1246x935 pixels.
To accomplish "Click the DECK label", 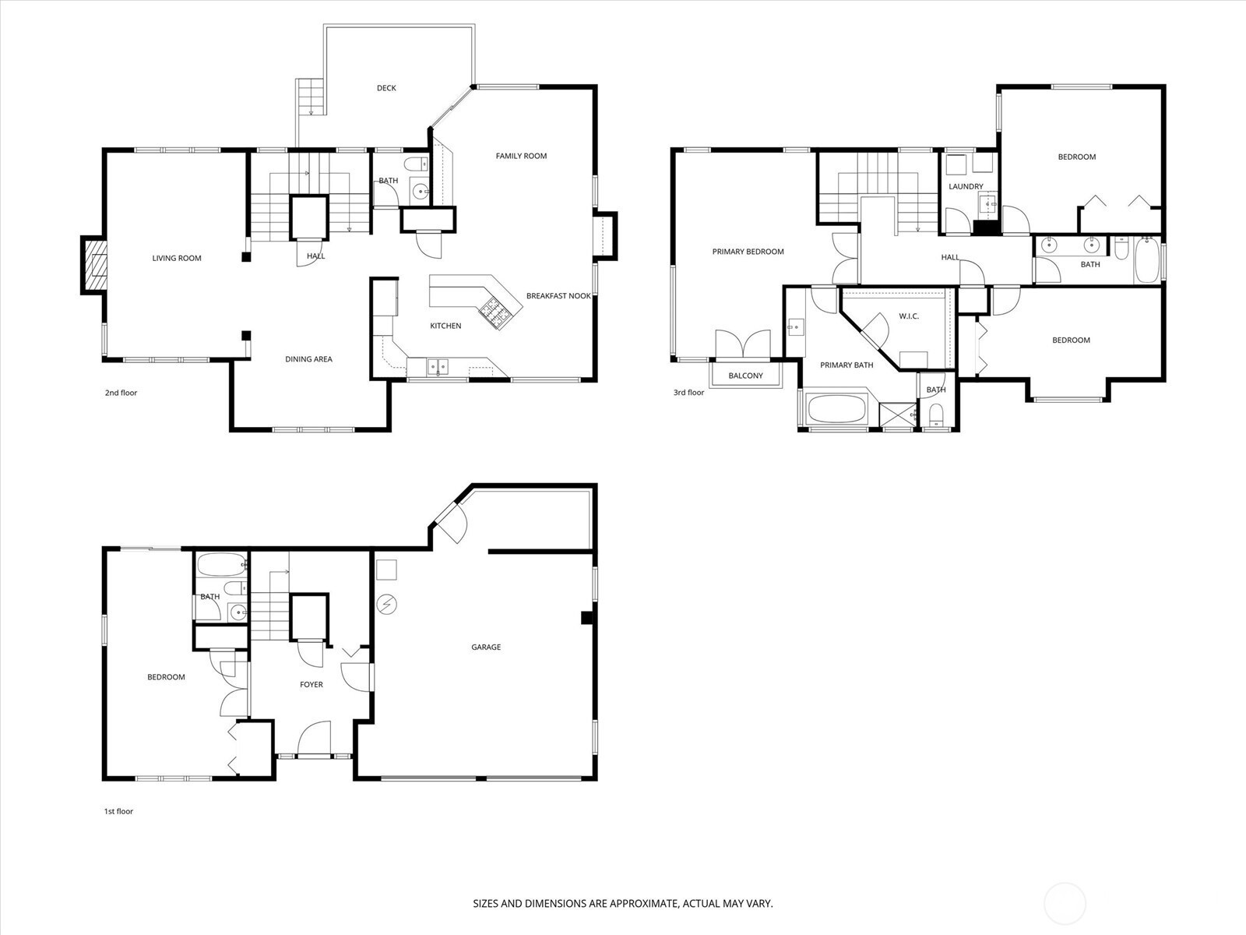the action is [386, 88].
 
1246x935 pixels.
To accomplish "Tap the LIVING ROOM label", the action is [177, 259].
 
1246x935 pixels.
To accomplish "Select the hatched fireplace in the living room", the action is [93, 265].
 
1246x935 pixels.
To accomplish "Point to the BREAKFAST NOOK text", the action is [558, 296].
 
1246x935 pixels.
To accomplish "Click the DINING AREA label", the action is [309, 358].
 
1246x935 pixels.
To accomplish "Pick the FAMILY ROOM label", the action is [521, 156].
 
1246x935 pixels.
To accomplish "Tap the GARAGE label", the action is [486, 647].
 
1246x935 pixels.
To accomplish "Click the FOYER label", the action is [311, 685].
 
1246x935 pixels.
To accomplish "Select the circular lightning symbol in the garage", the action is [386, 605].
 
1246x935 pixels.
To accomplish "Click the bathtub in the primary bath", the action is [836, 409].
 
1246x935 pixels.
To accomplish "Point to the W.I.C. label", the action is [909, 316].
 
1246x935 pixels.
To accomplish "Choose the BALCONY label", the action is [745, 376].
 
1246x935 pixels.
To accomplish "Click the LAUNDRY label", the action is [966, 186].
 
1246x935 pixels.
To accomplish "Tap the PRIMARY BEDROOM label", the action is [748, 252].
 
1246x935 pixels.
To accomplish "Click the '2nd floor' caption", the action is [121, 393].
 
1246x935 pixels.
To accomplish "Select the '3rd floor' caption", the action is [688, 393].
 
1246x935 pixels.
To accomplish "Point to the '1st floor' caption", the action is [118, 811].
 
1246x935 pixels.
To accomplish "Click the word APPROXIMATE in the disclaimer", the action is [644, 903].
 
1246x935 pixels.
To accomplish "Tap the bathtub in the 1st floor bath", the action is [222, 565].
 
